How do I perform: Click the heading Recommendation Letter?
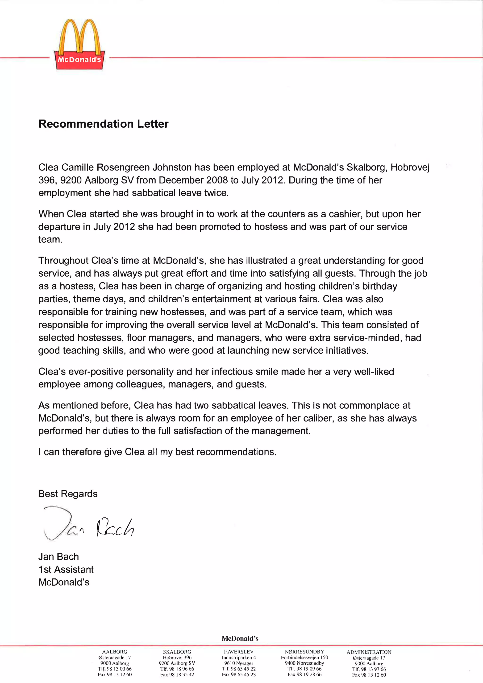tap(104, 124)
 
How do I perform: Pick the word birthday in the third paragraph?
tap(380, 286)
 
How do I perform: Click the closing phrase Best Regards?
tap(68, 494)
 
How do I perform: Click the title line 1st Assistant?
tap(66, 569)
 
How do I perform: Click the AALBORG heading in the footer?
tap(115, 652)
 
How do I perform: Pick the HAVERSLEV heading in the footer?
tap(238, 652)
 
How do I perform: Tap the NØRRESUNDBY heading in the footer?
tap(304, 652)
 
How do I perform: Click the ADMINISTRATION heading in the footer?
tap(369, 652)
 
